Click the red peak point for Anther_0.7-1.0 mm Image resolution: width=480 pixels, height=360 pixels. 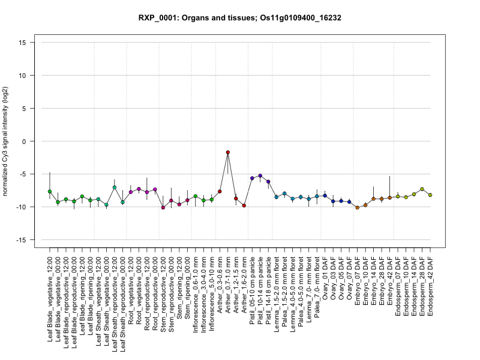[x=228, y=152]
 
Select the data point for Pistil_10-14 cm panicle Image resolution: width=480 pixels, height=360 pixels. [x=260, y=176]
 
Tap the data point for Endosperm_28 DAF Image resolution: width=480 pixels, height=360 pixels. [x=422, y=190]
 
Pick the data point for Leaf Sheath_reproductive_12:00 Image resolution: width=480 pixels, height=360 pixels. [x=115, y=187]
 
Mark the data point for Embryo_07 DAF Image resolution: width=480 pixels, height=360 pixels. [x=358, y=208]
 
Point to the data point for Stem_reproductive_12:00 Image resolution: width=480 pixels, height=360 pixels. [x=163, y=208]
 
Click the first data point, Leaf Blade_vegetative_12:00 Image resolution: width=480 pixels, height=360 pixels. [x=50, y=191]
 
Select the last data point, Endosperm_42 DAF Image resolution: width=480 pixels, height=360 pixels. [x=430, y=195]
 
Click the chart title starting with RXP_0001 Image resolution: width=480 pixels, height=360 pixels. [x=240, y=18]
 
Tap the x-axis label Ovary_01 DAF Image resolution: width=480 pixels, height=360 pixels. [x=325, y=277]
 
